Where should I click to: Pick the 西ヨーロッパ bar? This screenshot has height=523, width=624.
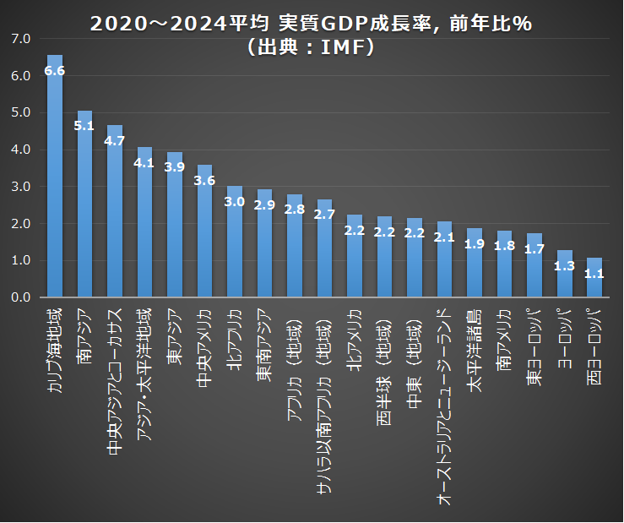594,279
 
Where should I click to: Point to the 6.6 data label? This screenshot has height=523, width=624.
55,71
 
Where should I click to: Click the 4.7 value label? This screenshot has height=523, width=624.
115,140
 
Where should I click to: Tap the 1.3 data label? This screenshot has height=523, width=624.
564,266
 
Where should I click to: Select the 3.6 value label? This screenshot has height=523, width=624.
204,180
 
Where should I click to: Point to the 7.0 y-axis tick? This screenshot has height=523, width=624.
21,39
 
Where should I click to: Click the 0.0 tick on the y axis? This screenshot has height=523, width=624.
21,297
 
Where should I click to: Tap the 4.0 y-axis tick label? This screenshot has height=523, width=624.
21,150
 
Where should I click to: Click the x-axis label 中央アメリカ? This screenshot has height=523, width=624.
204,343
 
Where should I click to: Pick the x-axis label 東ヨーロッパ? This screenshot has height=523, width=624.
534,346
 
